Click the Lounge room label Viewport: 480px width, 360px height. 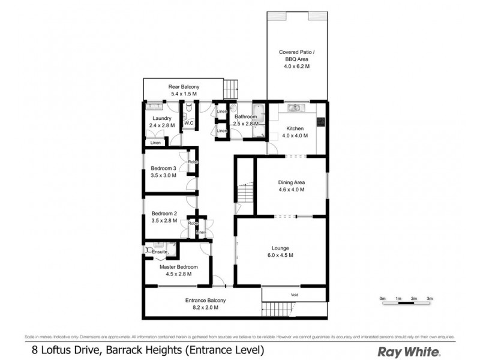click(x=280, y=248)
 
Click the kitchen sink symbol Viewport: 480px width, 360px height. click(x=295, y=108)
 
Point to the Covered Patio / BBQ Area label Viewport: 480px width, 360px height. click(x=297, y=53)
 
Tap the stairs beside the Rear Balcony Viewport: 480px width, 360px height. click(x=231, y=90)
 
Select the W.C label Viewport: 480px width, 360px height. click(x=188, y=123)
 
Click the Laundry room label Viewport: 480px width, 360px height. click(x=161, y=119)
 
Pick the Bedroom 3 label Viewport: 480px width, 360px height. click(x=163, y=168)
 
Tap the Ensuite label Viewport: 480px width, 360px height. click(x=160, y=251)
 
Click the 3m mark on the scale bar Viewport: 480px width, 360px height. click(x=430, y=298)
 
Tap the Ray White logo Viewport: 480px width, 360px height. click(x=408, y=351)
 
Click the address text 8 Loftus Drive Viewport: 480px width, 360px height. click(x=66, y=350)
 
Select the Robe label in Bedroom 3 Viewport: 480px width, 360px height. click(x=193, y=162)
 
